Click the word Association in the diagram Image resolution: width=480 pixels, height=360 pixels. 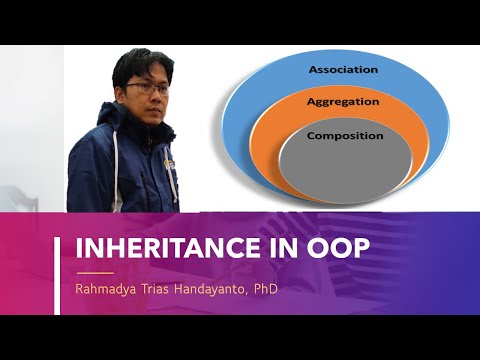(343, 70)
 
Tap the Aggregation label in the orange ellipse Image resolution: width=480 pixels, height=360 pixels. (343, 102)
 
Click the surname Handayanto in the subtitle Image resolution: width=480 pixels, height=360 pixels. (225, 289)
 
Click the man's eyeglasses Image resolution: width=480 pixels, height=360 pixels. (148, 89)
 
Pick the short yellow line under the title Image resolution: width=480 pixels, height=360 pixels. (95, 271)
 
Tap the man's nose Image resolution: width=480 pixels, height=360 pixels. (151, 96)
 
